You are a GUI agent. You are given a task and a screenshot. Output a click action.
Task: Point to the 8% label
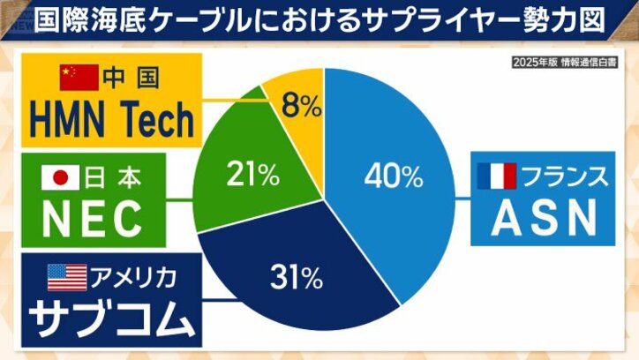click(300, 108)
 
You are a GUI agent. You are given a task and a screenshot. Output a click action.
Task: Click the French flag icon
click(496, 176)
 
